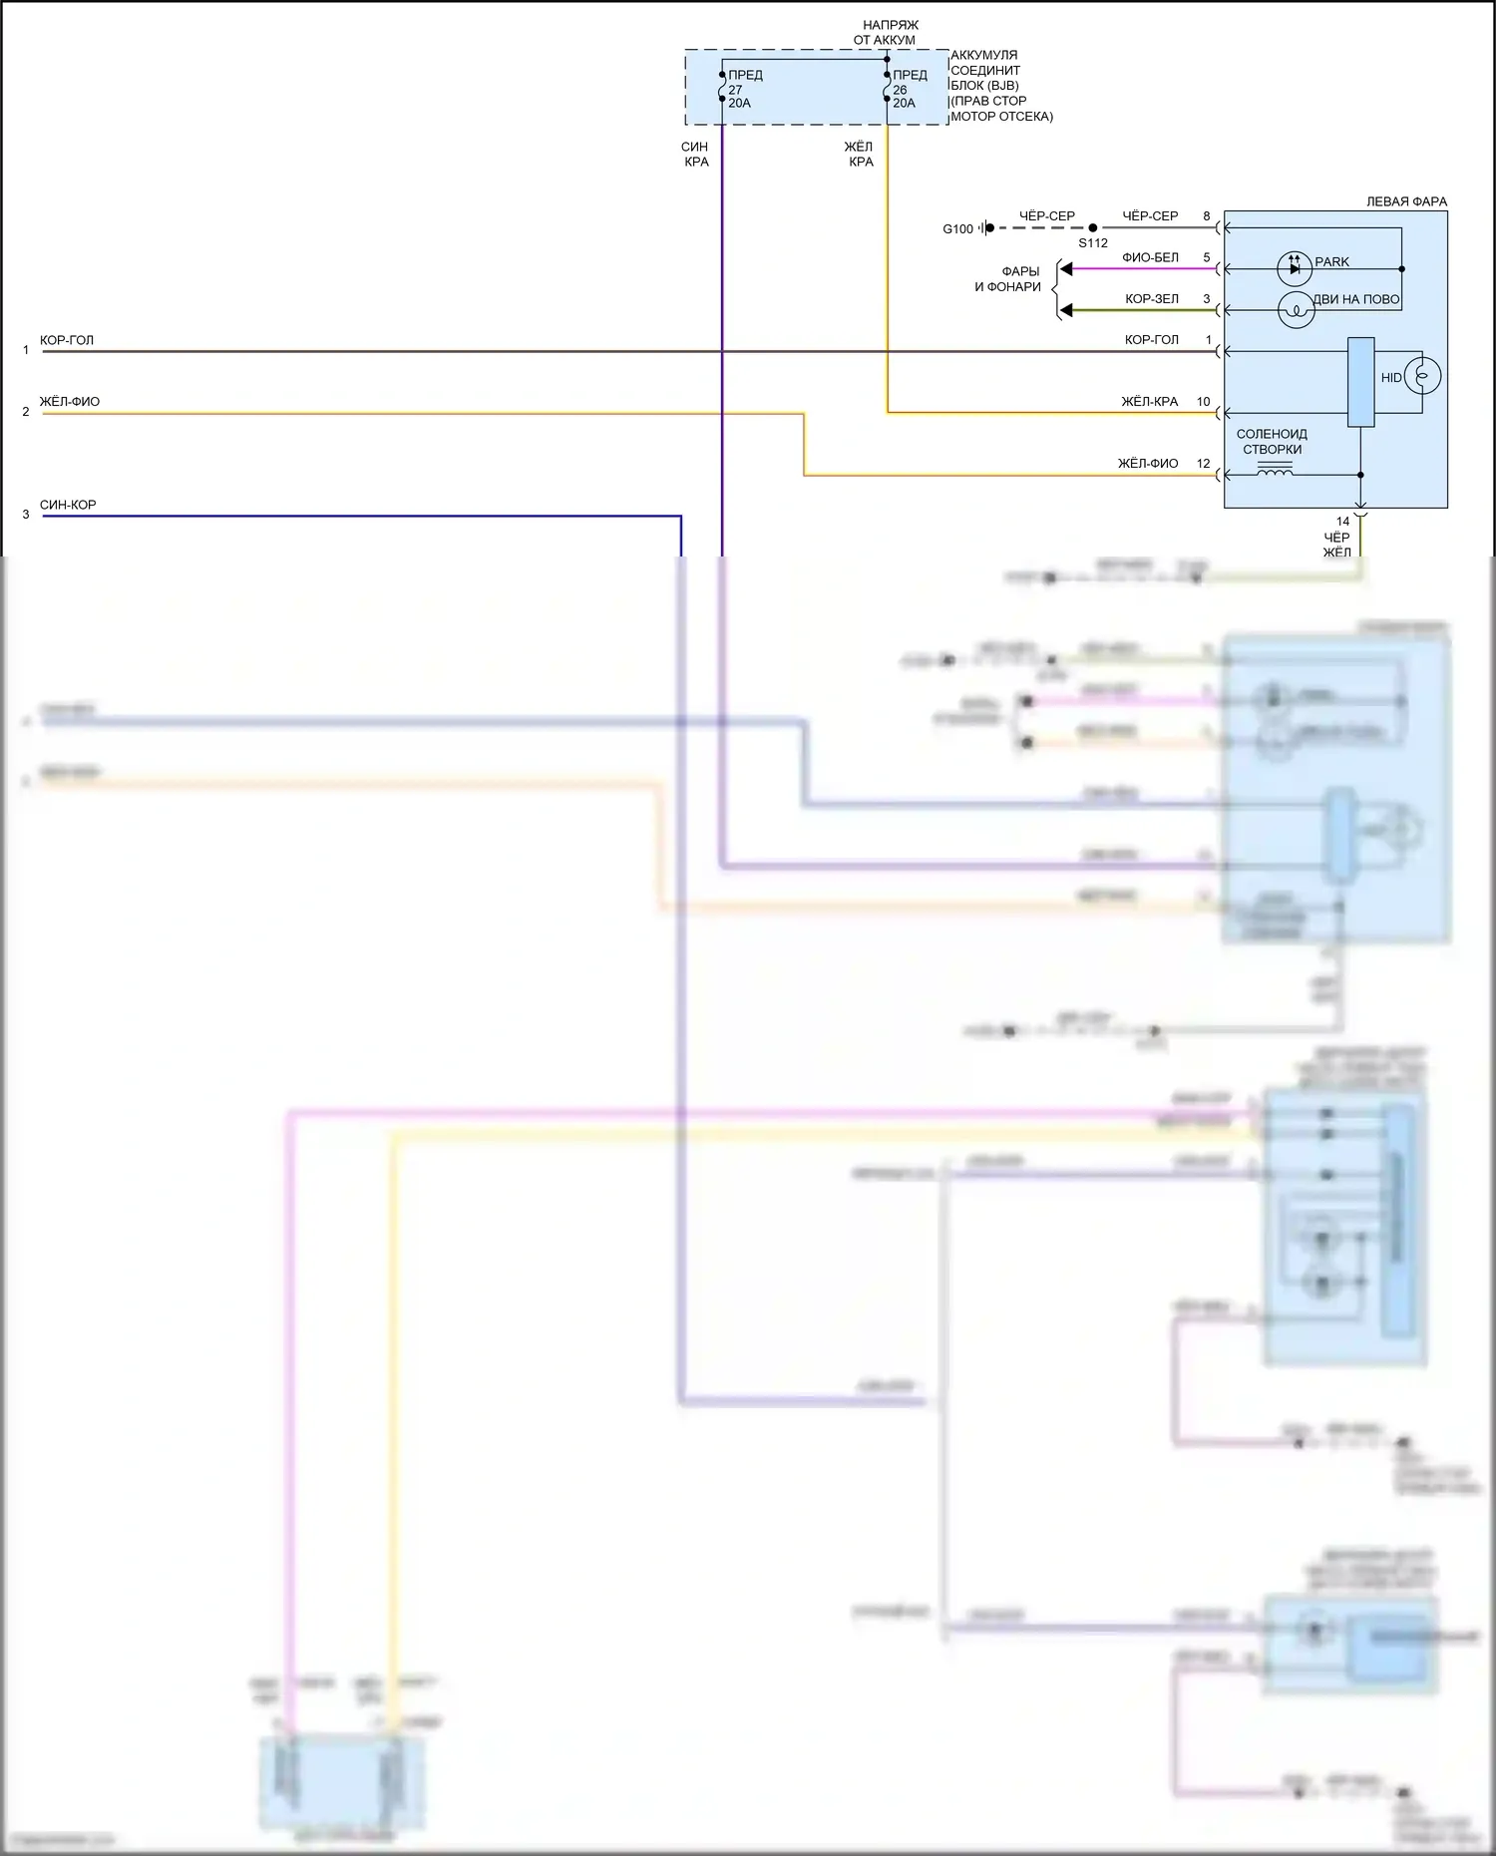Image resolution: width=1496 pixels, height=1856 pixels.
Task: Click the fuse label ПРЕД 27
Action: pyautogui.click(x=744, y=83)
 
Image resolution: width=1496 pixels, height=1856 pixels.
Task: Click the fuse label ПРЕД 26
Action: pyautogui.click(x=909, y=83)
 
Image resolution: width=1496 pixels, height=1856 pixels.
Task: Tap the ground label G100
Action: pyautogui.click(x=957, y=229)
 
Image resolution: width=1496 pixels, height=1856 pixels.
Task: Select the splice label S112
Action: pyautogui.click(x=1093, y=243)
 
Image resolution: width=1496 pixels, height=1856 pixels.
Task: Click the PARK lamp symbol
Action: pyautogui.click(x=1295, y=268)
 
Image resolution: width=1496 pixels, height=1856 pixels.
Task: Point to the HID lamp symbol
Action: pyautogui.click(x=1422, y=377)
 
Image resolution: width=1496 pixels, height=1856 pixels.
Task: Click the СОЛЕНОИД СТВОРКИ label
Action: pyautogui.click(x=1272, y=442)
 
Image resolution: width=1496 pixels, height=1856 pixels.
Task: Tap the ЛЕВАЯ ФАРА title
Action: pyautogui.click(x=1406, y=201)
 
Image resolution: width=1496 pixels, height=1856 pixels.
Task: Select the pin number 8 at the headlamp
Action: pyautogui.click(x=1207, y=216)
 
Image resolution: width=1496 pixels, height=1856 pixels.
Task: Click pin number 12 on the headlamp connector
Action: pyautogui.click(x=1203, y=464)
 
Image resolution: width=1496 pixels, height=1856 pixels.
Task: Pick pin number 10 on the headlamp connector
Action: pyautogui.click(x=1203, y=402)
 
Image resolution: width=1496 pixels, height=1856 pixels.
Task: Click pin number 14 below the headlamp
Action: pyautogui.click(x=1342, y=522)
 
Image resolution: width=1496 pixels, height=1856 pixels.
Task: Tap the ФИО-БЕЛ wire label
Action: pyautogui.click(x=1150, y=257)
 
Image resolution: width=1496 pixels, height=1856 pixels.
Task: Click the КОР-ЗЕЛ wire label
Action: pyautogui.click(x=1152, y=299)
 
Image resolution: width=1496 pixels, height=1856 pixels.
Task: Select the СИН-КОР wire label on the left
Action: pyautogui.click(x=68, y=506)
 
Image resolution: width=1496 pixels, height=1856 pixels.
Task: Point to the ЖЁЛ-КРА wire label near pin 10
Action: pyautogui.click(x=1149, y=402)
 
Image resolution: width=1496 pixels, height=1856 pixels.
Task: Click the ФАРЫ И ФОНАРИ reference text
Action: pyautogui.click(x=1007, y=279)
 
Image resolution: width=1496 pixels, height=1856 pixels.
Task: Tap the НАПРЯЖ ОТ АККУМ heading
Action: pyautogui.click(x=885, y=32)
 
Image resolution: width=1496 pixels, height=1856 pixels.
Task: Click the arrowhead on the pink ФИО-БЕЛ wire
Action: pyautogui.click(x=1066, y=269)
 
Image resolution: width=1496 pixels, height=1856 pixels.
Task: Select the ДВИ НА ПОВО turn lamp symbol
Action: pyautogui.click(x=1297, y=311)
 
